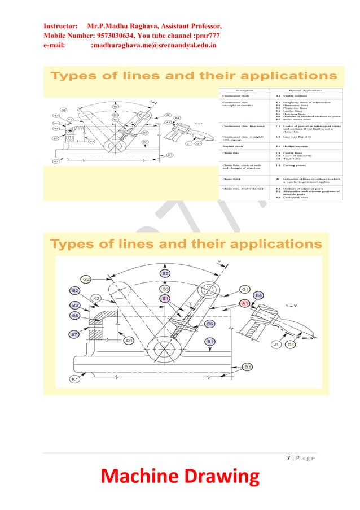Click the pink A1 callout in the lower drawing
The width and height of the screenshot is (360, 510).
(245, 304)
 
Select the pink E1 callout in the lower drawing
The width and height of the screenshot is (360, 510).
(165, 298)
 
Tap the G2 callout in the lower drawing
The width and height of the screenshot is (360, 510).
(86, 279)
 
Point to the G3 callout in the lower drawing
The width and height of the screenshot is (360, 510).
(165, 289)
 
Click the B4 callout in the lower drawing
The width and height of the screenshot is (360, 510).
(259, 295)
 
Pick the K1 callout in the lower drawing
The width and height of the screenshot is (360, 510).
(74, 380)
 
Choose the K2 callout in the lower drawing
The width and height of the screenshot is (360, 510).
(97, 298)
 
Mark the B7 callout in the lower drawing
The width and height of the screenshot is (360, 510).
(74, 335)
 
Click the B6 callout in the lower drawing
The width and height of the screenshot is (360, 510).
(209, 324)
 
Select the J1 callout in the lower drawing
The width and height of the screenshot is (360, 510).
(276, 345)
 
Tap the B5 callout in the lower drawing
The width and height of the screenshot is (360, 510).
(74, 315)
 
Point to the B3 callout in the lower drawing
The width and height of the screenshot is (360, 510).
(74, 305)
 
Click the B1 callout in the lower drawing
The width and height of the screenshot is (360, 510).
(209, 342)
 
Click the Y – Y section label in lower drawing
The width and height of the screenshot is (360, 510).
(295, 306)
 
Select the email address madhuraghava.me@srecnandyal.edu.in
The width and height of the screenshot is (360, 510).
(153, 44)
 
